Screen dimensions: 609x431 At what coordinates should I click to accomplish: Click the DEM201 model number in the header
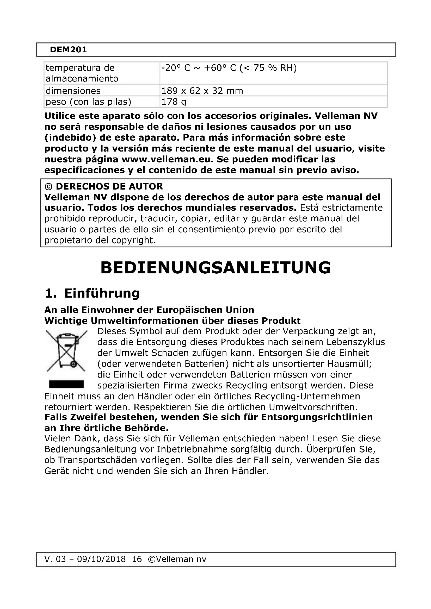point(68,50)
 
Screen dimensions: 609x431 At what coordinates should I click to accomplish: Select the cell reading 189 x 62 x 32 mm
point(202,91)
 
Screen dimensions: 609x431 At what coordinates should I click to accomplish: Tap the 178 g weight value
point(174,102)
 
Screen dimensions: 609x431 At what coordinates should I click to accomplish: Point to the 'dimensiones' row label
point(73,91)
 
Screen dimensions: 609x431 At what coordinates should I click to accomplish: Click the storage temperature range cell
point(229,68)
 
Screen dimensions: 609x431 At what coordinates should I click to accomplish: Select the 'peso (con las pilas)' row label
point(88,102)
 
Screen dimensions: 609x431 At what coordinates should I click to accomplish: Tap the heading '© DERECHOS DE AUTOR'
point(103,186)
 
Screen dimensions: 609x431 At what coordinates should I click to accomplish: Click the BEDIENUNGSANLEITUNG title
point(215,268)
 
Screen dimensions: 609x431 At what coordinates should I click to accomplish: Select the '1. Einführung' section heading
point(92,293)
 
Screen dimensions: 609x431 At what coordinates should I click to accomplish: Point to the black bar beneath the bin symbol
point(66,384)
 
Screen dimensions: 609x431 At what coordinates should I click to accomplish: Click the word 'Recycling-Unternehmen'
point(307,397)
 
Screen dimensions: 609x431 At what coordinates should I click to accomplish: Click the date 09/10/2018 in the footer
point(101,559)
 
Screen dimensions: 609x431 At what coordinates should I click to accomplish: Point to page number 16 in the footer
point(137,559)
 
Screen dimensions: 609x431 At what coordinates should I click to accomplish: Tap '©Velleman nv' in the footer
point(177,559)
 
